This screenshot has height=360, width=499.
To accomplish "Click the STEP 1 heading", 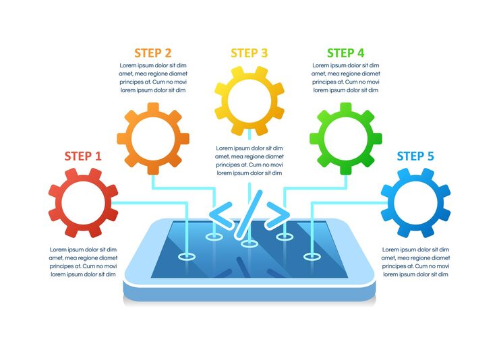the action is click(x=83, y=156).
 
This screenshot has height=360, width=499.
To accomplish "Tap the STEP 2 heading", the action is click(x=152, y=53).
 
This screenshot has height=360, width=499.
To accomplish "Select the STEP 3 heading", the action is click(x=249, y=53).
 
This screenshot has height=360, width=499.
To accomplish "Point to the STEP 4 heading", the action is click(x=345, y=53).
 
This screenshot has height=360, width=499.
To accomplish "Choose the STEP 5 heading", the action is click(x=415, y=156).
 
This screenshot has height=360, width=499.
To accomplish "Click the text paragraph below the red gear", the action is click(x=83, y=262).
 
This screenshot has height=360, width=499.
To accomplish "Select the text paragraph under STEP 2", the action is click(x=152, y=78).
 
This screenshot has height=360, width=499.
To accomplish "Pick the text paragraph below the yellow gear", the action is click(x=249, y=160).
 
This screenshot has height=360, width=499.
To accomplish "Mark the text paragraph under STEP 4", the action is click(x=345, y=78).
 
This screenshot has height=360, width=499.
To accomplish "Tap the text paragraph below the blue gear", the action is click(x=415, y=262).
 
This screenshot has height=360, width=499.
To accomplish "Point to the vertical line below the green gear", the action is click(x=345, y=181).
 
